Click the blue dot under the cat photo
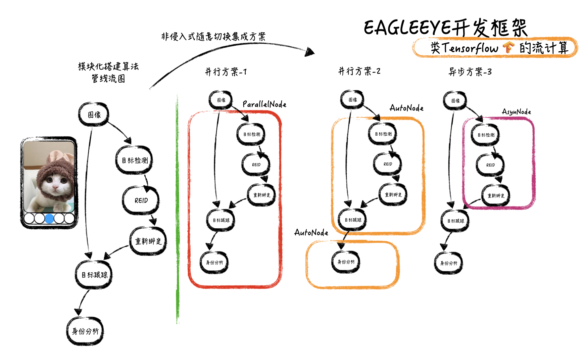point(49,219)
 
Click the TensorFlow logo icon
point(508,47)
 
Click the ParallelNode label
point(264,104)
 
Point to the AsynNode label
point(516,112)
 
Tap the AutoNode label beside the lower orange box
point(311,233)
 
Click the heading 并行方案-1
point(226,72)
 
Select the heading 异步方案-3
point(470,72)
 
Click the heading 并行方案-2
point(359,71)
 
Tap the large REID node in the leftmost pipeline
point(141,200)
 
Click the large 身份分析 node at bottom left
point(85,331)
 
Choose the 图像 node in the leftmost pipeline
point(94,115)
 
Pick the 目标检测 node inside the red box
point(251,134)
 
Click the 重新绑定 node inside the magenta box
point(496,196)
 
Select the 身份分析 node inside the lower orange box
point(346,262)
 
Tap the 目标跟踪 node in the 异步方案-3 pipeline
point(455,221)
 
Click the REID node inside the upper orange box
point(388,164)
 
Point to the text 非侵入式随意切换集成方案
point(213,36)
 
